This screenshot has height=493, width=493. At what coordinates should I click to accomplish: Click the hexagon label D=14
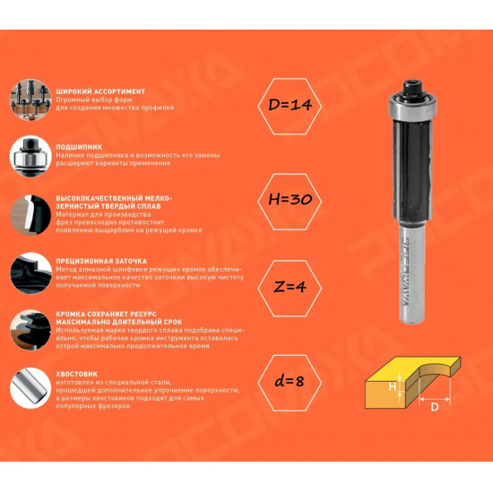coord(290,107)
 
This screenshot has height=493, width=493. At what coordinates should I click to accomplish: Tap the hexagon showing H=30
coord(290,202)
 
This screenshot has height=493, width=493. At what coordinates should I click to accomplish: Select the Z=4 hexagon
coord(290,289)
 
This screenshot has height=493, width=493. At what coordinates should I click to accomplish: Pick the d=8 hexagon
coord(290,383)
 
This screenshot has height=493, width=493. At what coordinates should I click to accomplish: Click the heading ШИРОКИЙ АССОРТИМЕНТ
coord(100,91)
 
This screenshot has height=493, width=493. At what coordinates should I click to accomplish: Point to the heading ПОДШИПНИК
coord(79,147)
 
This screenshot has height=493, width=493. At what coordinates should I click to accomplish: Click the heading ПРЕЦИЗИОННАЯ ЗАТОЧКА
coord(101,261)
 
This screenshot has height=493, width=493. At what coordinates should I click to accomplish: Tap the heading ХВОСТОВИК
coord(77,374)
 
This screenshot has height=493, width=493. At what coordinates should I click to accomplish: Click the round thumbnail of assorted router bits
coord(30,99)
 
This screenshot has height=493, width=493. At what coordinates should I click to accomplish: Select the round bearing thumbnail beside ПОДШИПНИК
coord(30,156)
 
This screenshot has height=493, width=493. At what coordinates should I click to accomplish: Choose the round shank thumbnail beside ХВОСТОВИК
coord(30,388)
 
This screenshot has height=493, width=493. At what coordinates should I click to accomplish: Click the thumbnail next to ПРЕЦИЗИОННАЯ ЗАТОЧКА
coord(30,273)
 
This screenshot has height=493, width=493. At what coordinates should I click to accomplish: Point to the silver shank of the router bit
coord(412,272)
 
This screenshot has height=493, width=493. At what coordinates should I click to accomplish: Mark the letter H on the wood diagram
coord(392,386)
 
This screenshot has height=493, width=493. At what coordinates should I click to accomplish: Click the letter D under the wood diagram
coord(434,407)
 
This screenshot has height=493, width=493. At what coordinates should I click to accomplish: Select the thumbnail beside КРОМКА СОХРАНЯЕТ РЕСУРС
coord(30,330)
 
